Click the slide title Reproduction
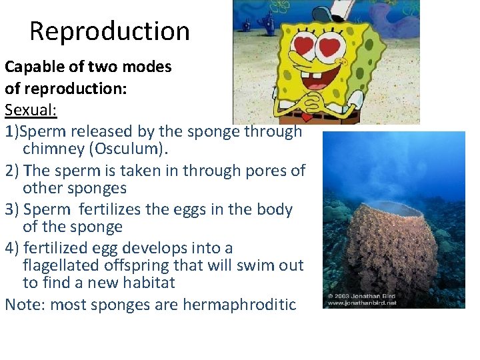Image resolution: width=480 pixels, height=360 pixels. tap(109, 31)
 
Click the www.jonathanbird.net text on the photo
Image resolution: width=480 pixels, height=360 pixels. tap(361, 303)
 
